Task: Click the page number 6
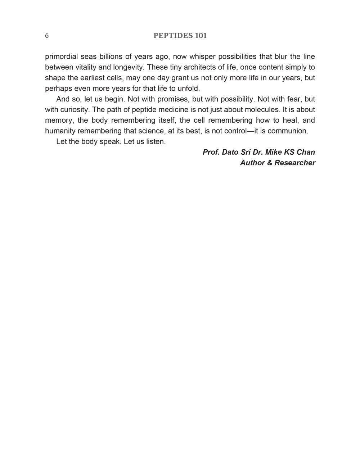(47, 36)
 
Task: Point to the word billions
(112, 57)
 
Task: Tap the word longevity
(128, 67)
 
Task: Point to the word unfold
(188, 88)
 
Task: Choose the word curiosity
(74, 110)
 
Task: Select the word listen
(156, 142)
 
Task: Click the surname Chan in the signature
(306, 152)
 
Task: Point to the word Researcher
(295, 163)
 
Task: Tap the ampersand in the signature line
(270, 163)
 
